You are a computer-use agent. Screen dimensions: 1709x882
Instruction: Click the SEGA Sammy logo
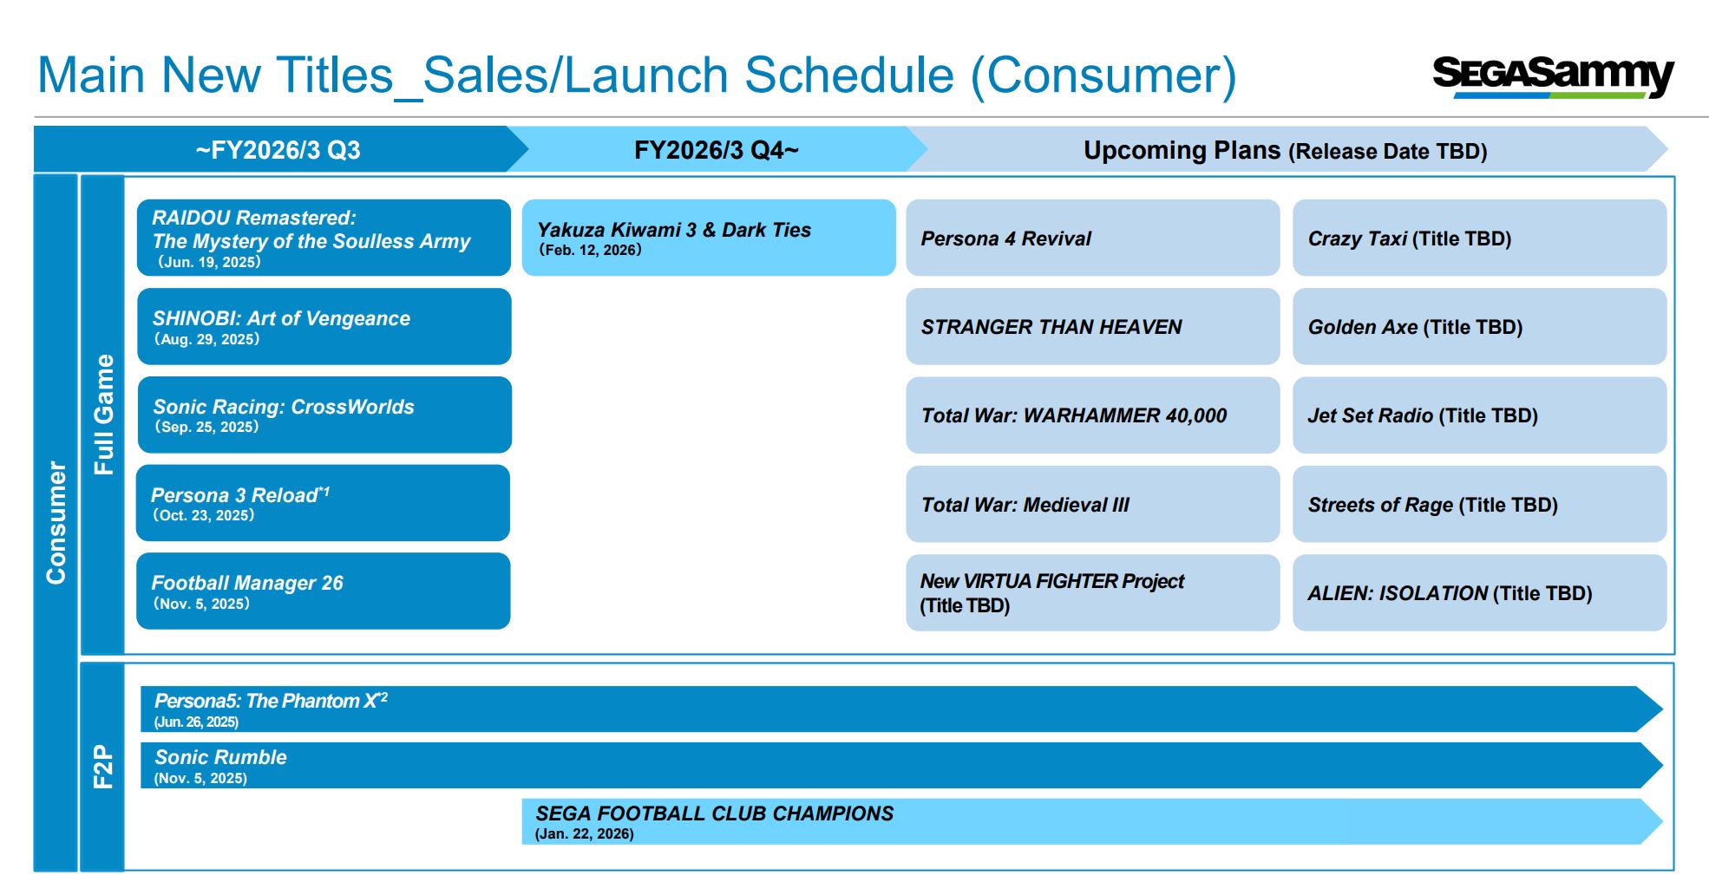pyautogui.click(x=1553, y=77)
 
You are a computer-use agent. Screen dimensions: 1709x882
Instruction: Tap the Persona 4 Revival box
pyautogui.click(x=1093, y=238)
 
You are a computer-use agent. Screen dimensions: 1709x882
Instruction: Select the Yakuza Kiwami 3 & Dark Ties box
pyautogui.click(x=709, y=238)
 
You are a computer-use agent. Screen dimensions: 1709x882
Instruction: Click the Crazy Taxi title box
pyautogui.click(x=1479, y=238)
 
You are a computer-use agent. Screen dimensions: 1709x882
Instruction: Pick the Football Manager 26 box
pyautogui.click(x=324, y=591)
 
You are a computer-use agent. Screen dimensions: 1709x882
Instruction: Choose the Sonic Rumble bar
pyautogui.click(x=901, y=765)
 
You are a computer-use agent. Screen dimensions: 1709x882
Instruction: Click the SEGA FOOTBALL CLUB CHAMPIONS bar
pyautogui.click(x=1092, y=821)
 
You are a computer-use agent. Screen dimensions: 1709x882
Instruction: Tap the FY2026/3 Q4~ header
pyautogui.click(x=717, y=150)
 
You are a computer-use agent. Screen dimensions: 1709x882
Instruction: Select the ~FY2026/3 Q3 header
pyautogui.click(x=278, y=150)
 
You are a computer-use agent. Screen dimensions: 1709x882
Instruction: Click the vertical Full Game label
pyautogui.click(x=103, y=415)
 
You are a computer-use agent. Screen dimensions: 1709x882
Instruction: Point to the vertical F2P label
pyautogui.click(x=103, y=767)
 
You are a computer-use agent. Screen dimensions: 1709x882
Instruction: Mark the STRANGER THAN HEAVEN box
pyautogui.click(x=1093, y=326)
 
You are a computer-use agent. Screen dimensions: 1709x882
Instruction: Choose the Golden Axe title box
pyautogui.click(x=1479, y=326)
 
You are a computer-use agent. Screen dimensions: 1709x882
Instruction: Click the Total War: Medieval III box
pyautogui.click(x=1093, y=504)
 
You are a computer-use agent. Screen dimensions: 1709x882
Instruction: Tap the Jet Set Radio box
pyautogui.click(x=1479, y=415)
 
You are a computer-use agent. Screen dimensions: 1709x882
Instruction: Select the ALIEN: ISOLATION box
pyautogui.click(x=1479, y=592)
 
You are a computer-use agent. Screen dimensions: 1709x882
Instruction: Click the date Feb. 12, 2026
pyautogui.click(x=590, y=250)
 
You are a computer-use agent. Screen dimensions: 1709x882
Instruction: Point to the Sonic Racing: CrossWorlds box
pyautogui.click(x=324, y=415)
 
